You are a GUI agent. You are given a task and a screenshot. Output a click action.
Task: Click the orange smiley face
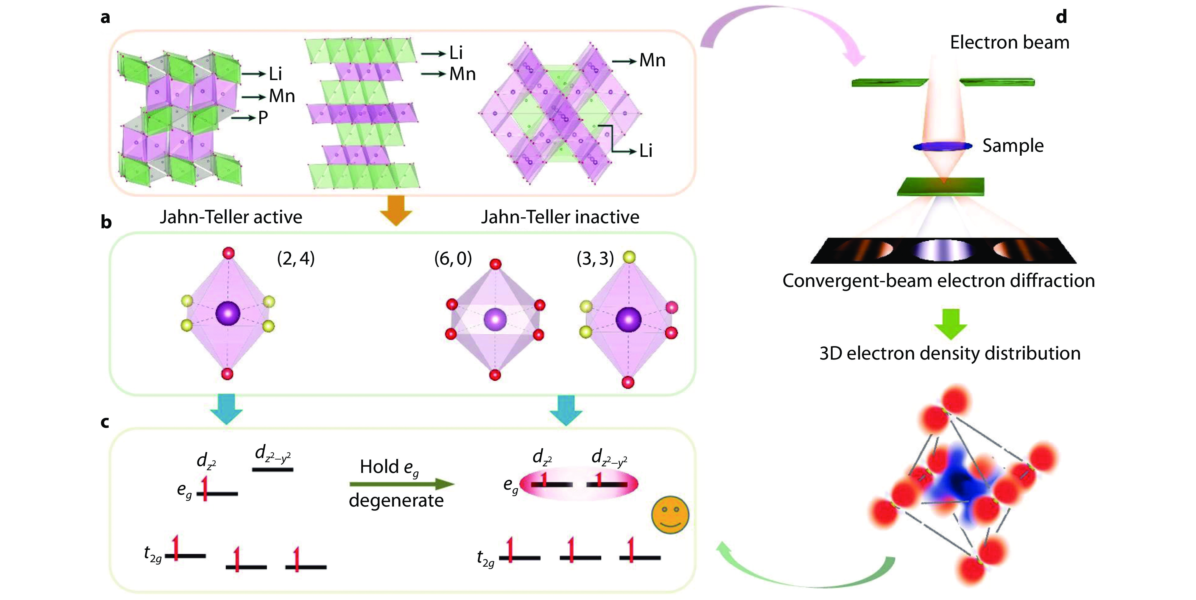670,515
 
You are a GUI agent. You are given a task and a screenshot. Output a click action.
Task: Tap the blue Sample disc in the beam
943,146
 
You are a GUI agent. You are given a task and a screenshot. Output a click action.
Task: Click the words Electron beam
1009,42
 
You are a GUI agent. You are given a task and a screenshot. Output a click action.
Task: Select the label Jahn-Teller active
231,217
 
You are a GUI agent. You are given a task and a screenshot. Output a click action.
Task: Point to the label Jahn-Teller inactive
560,217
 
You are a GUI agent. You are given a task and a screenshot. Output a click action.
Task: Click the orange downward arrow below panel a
395,210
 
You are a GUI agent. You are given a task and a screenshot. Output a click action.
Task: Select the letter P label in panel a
263,118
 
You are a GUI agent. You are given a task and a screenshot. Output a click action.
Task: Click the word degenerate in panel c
396,501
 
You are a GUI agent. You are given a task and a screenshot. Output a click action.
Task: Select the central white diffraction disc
943,251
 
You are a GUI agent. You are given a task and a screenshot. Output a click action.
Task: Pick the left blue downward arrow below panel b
226,408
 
